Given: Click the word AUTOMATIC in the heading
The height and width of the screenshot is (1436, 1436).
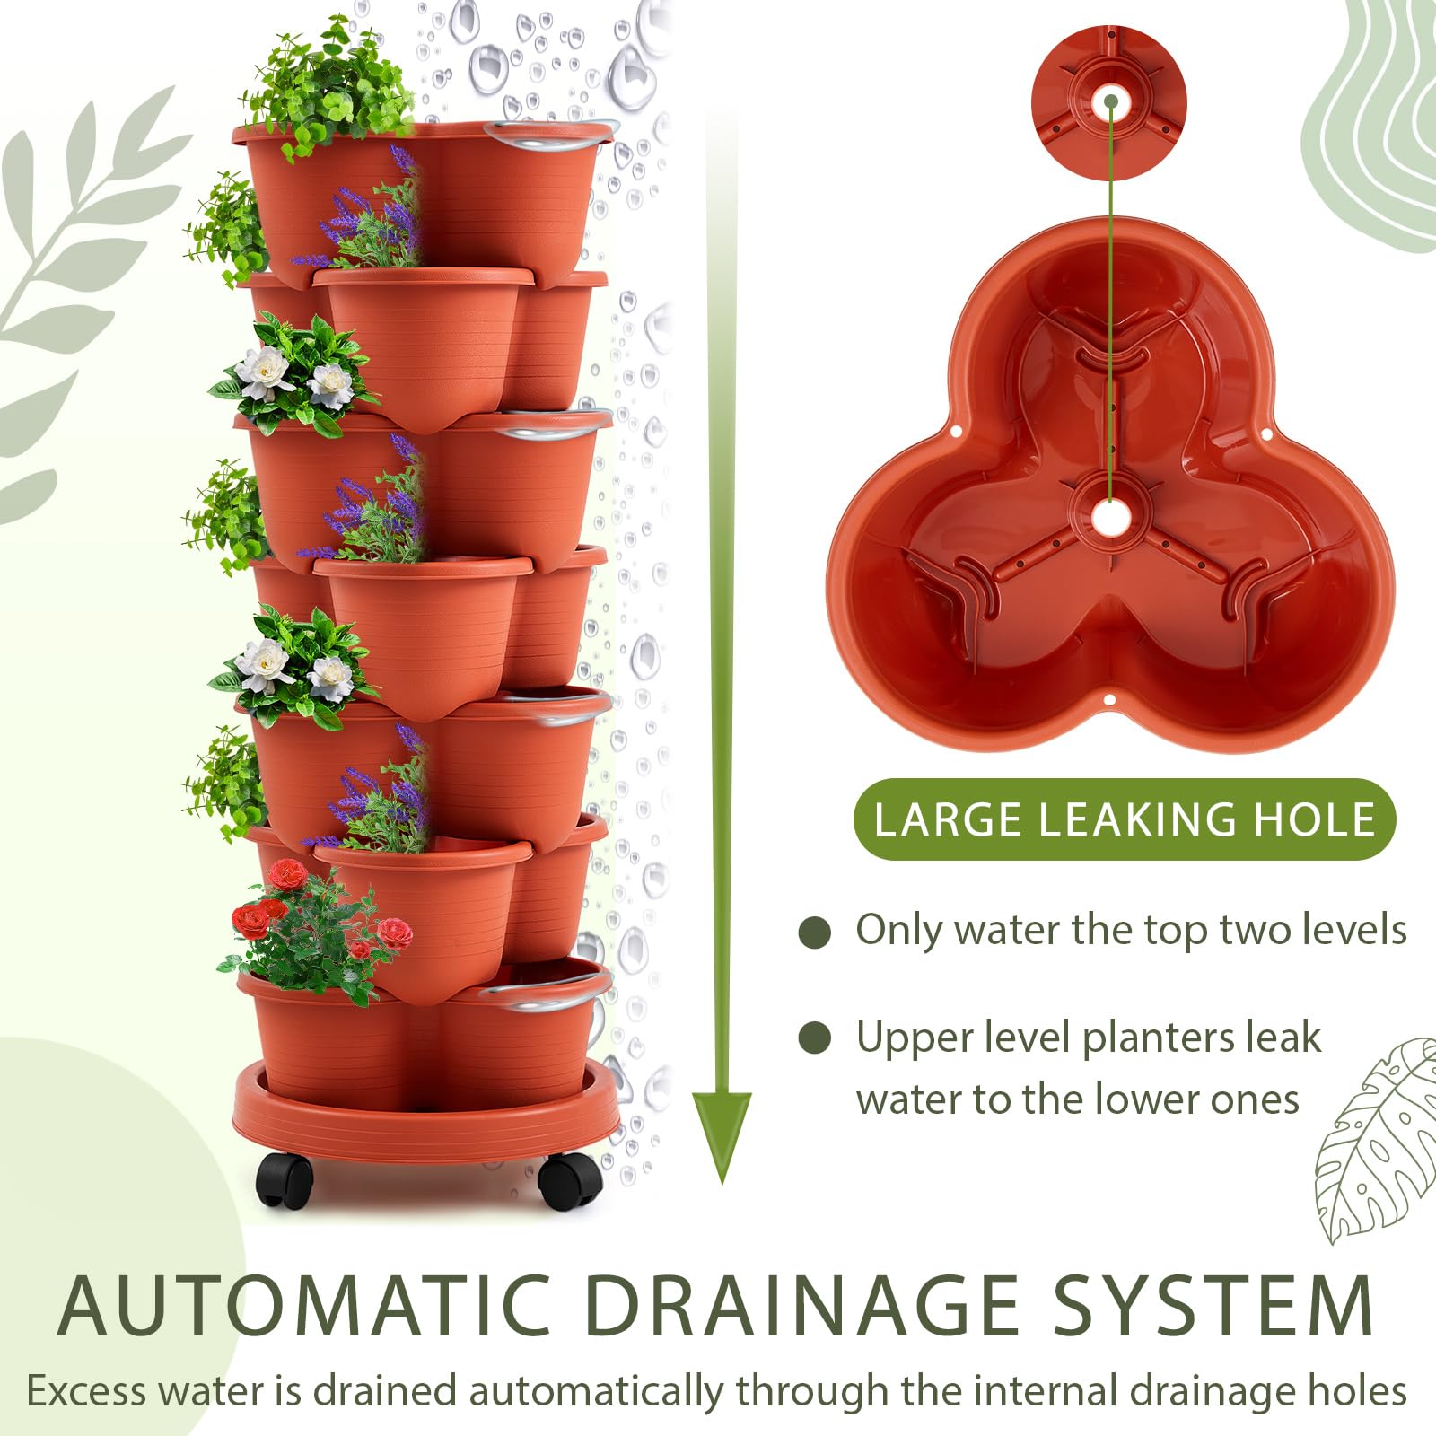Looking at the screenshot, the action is (x=303, y=1306).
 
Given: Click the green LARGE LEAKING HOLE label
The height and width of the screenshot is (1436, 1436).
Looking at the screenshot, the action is (x=1125, y=819).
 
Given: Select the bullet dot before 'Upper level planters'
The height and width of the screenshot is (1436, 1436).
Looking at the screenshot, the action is (x=814, y=1038).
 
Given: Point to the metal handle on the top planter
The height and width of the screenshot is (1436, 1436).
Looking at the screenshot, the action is (x=550, y=135).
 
